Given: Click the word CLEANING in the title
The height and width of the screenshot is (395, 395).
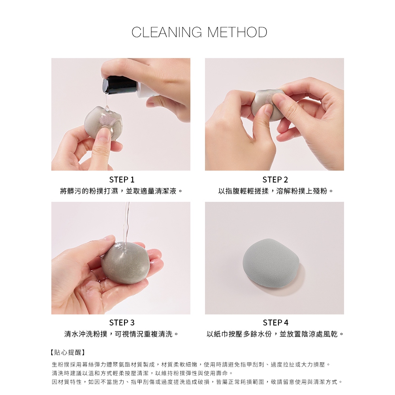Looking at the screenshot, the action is click(x=167, y=32).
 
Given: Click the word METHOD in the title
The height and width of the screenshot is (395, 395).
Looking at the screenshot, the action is click(x=237, y=32).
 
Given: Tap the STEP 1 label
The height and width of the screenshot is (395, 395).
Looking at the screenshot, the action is click(x=122, y=180).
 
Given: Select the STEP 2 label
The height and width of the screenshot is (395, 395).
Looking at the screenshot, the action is click(x=275, y=180).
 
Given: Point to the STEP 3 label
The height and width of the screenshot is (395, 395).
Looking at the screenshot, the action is click(x=122, y=322).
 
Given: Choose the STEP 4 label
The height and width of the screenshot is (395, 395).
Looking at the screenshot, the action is click(x=275, y=322).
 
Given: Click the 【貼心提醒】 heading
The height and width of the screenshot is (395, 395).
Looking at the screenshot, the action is click(x=68, y=352).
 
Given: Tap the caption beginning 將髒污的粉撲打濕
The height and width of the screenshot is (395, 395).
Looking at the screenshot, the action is click(x=121, y=191).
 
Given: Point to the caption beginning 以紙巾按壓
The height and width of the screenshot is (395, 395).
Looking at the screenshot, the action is click(x=275, y=334).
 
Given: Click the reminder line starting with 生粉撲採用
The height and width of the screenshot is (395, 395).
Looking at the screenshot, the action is click(x=191, y=365).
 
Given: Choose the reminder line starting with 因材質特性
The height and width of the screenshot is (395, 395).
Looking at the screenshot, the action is click(x=197, y=382).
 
